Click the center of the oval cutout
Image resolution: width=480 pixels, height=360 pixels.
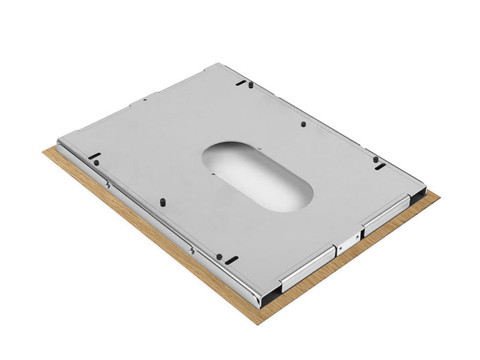257,175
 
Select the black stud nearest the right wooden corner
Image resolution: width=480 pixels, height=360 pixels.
375,160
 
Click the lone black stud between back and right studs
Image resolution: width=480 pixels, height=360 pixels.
303,124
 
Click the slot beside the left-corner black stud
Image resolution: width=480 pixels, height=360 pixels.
94,155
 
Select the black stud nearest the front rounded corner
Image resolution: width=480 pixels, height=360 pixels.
220,257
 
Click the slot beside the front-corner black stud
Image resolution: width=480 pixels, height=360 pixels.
232,259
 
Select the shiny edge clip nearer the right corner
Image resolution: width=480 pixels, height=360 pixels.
386,212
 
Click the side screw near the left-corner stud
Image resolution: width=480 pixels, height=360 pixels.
107,185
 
